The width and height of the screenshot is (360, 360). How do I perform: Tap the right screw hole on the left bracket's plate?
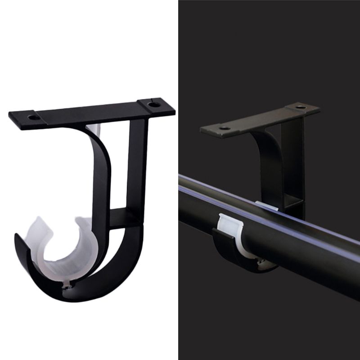[x=154, y=104]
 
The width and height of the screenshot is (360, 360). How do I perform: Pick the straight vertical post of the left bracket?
[x=135, y=171]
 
